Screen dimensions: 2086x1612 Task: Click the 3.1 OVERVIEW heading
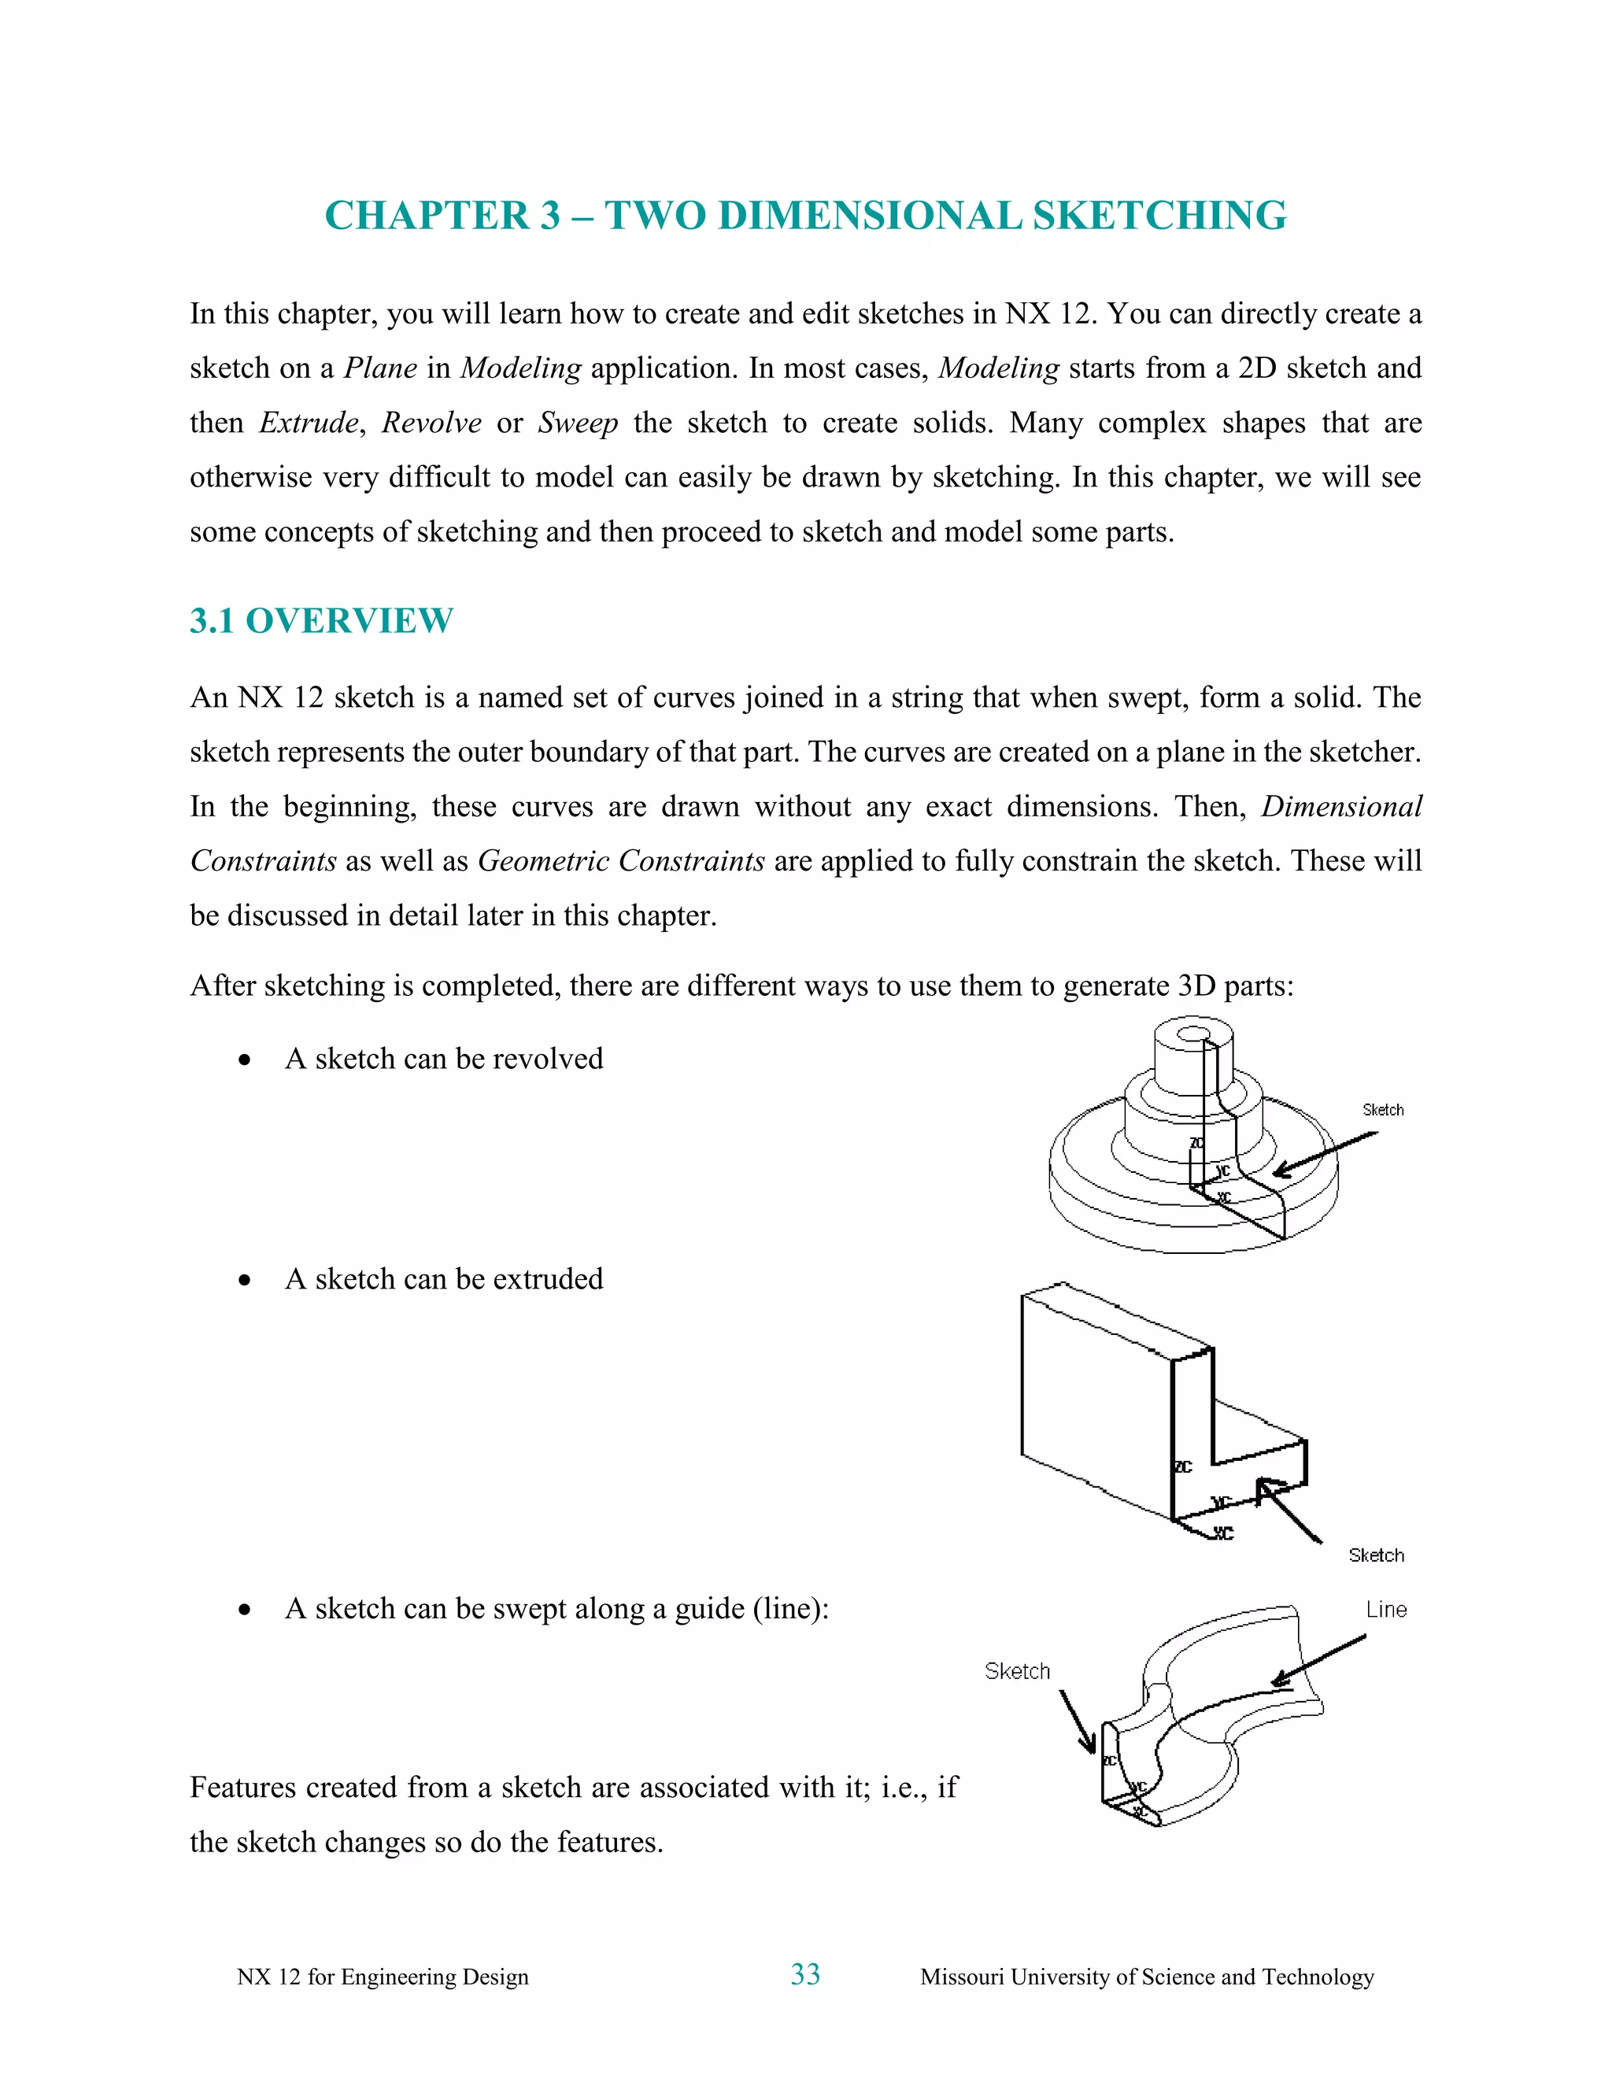pyautogui.click(x=321, y=621)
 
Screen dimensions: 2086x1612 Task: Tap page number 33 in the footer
pyautogui.click(x=805, y=1974)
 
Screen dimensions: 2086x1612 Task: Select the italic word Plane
pyautogui.click(x=380, y=368)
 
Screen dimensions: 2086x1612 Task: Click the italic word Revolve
pyautogui.click(x=431, y=423)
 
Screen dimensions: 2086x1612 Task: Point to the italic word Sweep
pyautogui.click(x=578, y=423)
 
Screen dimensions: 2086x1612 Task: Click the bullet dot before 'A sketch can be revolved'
pyautogui.click(x=246, y=1060)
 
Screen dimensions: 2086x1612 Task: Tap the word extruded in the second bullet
pyautogui.click(x=547, y=1279)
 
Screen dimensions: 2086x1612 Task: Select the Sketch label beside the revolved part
pyautogui.click(x=1382, y=1110)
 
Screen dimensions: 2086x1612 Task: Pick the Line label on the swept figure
pyautogui.click(x=1385, y=1611)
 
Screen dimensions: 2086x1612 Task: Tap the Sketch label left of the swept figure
pyautogui.click(x=1017, y=1671)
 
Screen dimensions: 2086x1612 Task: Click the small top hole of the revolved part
pyautogui.click(x=1194, y=1034)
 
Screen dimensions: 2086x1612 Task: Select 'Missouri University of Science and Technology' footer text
pyautogui.click(x=1146, y=1977)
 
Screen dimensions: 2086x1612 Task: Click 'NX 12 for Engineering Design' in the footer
pyautogui.click(x=382, y=1977)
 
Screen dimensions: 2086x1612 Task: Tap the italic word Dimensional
pyautogui.click(x=1340, y=807)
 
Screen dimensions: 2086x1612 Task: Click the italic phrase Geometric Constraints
pyautogui.click(x=621, y=861)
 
